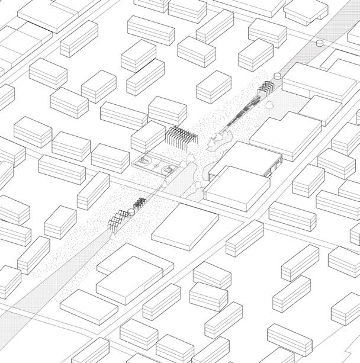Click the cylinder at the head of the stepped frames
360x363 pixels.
tap(277, 76)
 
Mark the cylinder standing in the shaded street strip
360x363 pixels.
tap(320, 43)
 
